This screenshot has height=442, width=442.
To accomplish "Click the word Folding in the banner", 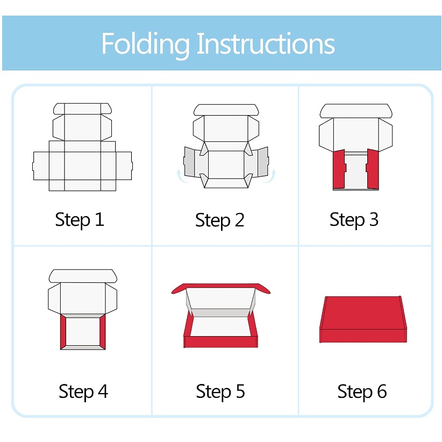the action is coord(146,44).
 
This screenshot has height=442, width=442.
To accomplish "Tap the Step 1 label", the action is coord(80,219).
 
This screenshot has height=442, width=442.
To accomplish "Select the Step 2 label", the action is coord(219,220).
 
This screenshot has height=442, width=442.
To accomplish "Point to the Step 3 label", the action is coord(354,219).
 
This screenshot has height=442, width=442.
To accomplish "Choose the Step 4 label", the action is coord(83,391).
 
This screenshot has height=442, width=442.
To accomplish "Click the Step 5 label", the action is coord(220,391).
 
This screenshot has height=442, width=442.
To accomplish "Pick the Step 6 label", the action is coord(362,391).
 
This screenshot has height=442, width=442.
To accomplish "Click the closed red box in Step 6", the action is coord(363,319).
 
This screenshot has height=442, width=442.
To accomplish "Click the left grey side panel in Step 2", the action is coord(189,162).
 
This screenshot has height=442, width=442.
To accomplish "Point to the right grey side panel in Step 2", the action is coord(263,162).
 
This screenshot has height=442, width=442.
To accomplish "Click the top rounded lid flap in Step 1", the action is coord(82,109).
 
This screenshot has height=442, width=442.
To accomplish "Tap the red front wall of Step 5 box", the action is coord(220,341).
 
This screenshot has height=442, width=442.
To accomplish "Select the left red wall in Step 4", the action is coord(63,332).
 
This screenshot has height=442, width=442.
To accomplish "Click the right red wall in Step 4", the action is coord(103,332).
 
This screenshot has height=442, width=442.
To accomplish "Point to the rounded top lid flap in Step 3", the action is coord(356,111).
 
